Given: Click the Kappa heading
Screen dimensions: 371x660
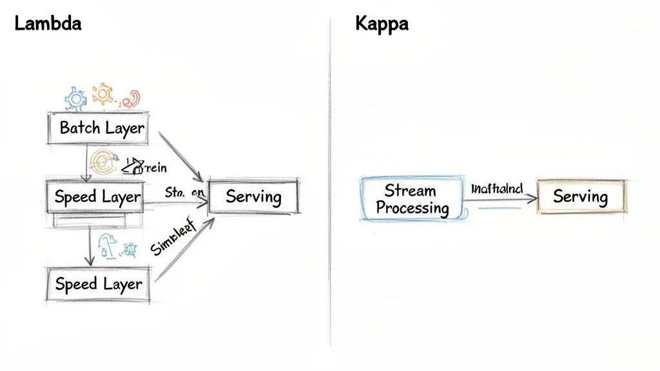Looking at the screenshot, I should [x=382, y=24].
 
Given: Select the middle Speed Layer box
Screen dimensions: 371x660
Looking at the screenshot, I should [x=97, y=196].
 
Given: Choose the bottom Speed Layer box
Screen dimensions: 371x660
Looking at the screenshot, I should [x=98, y=284].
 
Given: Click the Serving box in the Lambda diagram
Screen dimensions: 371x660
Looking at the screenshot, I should [x=253, y=196].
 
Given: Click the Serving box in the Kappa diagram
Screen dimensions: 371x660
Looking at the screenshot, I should [x=580, y=196].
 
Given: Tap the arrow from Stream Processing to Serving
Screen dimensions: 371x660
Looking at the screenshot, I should [x=500, y=200].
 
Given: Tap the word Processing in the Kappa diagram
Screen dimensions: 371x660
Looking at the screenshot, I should [x=412, y=207].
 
